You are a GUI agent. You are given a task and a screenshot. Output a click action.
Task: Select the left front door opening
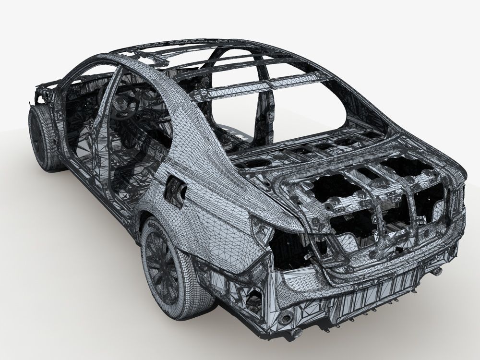(x=82, y=115)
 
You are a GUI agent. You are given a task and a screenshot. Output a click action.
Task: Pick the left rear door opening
(x=139, y=134)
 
